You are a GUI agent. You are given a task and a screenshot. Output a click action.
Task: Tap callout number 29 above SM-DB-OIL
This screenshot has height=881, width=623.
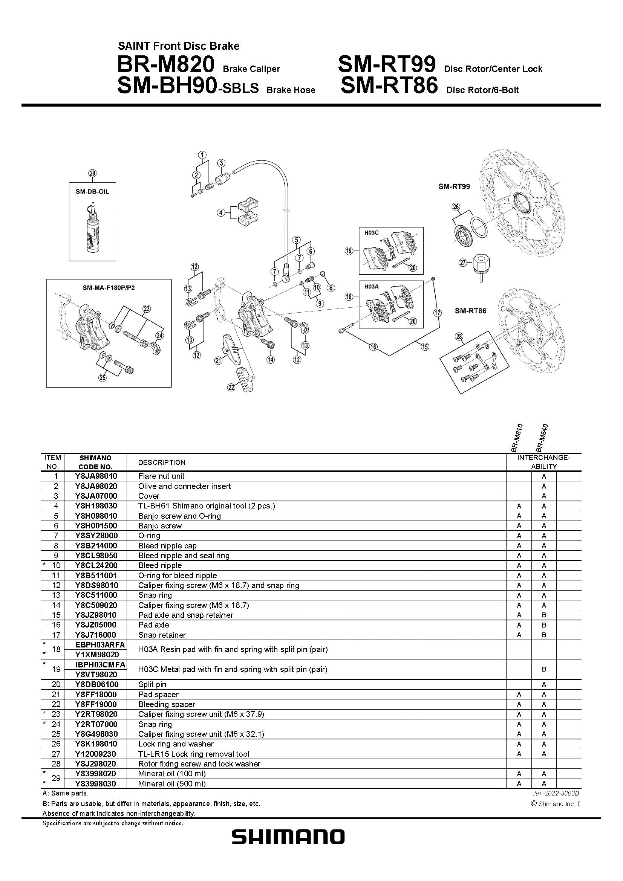[92, 173]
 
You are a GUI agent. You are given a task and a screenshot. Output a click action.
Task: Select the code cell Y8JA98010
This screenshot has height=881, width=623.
[96, 476]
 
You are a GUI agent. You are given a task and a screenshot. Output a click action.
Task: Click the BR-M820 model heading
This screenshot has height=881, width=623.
[165, 64]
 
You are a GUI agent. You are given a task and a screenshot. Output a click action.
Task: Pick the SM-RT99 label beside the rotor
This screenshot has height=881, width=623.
[454, 186]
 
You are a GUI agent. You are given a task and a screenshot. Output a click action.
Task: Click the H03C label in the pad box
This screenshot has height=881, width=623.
[371, 232]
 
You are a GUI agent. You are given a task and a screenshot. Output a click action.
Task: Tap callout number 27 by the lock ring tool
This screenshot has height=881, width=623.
[463, 263]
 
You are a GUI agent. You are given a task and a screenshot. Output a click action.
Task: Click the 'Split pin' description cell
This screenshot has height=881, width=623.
[152, 684]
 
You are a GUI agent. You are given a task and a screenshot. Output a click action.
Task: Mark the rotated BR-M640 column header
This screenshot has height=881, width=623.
[542, 438]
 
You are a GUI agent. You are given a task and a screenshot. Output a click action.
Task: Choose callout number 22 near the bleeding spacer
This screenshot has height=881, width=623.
[231, 388]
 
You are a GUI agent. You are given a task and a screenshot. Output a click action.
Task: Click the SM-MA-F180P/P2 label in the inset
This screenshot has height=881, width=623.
[109, 287]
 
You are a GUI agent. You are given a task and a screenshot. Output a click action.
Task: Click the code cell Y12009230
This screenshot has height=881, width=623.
[96, 754]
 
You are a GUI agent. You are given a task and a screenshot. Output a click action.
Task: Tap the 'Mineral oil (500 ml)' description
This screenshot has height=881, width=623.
[172, 784]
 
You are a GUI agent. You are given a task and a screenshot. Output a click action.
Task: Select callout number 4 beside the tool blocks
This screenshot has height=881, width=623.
[221, 212]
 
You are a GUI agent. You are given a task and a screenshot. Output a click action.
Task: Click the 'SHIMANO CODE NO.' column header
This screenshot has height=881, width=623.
[96, 463]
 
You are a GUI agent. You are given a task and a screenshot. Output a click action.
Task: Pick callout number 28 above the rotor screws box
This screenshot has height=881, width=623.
[459, 337]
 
